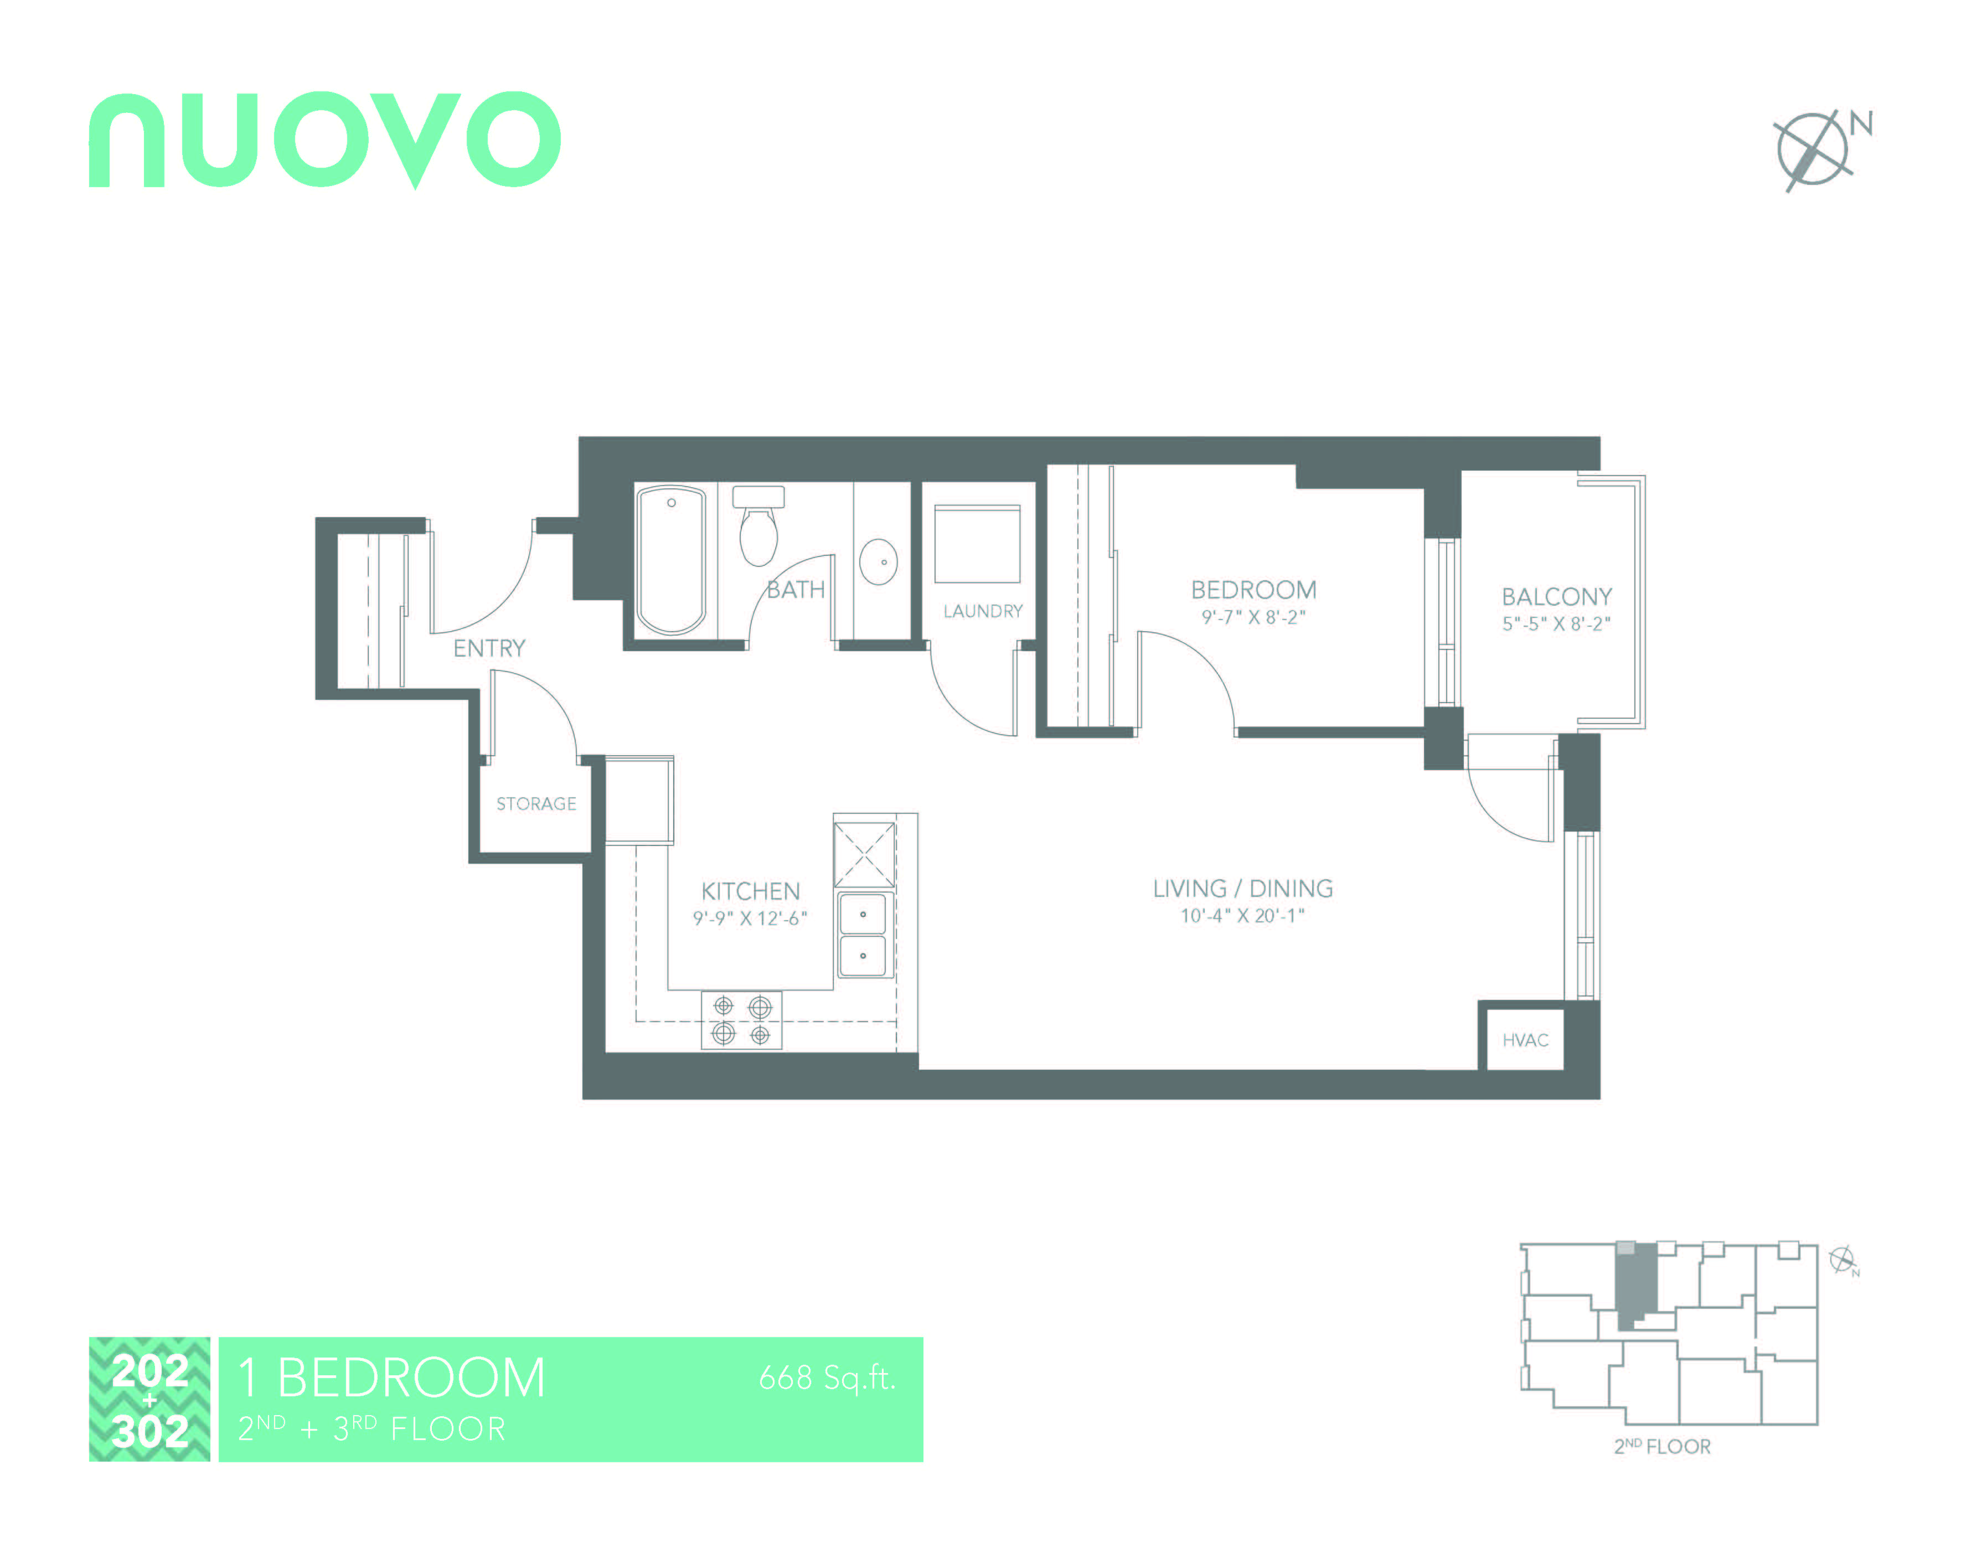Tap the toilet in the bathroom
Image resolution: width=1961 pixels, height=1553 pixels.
(x=758, y=528)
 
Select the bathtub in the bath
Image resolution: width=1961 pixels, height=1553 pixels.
(x=671, y=559)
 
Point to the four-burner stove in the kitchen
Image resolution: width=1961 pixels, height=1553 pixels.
(x=741, y=1019)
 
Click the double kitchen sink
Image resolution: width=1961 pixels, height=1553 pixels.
(x=862, y=935)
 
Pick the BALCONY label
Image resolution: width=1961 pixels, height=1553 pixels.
(x=1556, y=596)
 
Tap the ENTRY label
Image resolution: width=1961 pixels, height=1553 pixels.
(x=489, y=648)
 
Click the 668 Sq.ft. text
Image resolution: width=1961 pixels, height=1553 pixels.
(x=827, y=1379)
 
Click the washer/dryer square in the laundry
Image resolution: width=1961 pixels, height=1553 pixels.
(x=977, y=544)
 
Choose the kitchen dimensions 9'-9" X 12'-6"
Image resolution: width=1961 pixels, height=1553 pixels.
(x=749, y=919)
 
